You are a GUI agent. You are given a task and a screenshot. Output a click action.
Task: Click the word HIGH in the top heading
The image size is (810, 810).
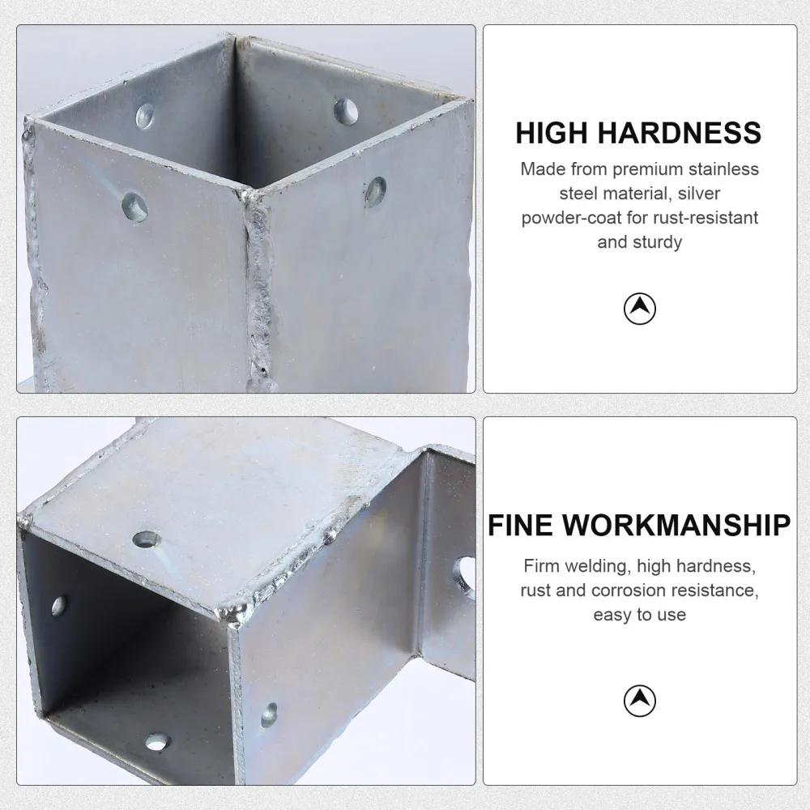(552, 132)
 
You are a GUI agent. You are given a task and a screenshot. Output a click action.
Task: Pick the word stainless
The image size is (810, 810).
(723, 169)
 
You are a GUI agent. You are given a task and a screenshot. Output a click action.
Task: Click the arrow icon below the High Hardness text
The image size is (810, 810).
(640, 308)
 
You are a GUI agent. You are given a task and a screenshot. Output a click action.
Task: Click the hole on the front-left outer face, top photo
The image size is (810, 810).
(134, 207)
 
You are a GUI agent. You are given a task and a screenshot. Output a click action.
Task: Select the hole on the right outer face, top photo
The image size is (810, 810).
(375, 191)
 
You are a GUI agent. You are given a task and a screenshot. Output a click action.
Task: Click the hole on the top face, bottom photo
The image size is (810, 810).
(147, 539)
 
